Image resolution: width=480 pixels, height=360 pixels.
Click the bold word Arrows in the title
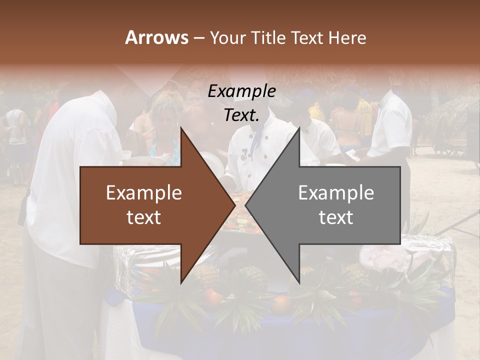coord(156,37)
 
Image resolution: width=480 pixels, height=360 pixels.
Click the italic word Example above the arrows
coord(241,91)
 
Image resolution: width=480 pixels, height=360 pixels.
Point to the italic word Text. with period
coord(241,115)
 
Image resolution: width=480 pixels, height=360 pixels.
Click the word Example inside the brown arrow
coord(144,193)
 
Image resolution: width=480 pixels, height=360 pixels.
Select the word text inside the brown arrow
coord(144,217)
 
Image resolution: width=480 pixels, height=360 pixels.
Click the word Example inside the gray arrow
coord(336,193)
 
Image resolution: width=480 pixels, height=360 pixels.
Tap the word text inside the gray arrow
coord(336,217)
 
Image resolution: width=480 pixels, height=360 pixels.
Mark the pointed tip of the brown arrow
coord(234,205)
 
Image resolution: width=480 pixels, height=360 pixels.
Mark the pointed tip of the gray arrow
coord(246,205)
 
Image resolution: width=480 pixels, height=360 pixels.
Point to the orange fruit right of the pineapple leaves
coord(281,303)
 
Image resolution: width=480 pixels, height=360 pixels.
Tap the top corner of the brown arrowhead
coord(181,128)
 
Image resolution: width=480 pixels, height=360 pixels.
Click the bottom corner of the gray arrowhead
coord(299,283)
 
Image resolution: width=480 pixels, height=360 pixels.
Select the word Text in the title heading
coord(307,38)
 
